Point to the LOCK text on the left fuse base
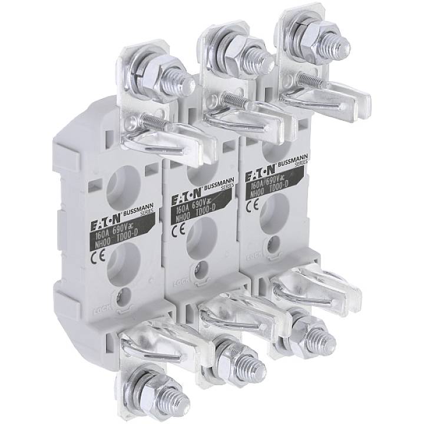[x=102, y=310]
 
